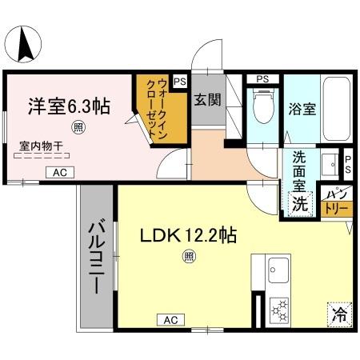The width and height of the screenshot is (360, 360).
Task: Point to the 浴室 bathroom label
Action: (304, 109)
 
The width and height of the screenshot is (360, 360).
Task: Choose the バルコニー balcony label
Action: (96, 256)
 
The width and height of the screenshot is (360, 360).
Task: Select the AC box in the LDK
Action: (170, 320)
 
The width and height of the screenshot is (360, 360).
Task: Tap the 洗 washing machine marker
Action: (299, 203)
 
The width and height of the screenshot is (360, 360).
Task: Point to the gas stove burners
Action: (280, 307)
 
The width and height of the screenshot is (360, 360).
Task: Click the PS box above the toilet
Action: (262, 79)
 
